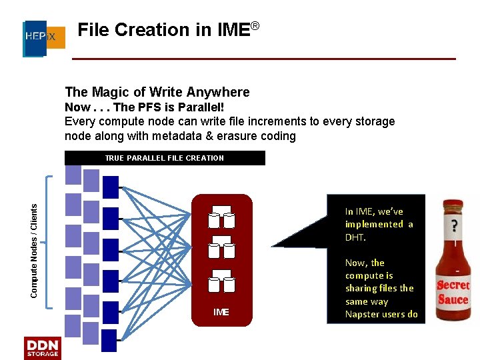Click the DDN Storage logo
pyautogui.click(x=42, y=348)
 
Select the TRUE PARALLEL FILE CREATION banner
pyautogui.click(x=164, y=158)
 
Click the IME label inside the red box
pyautogui.click(x=221, y=312)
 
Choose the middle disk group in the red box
pyautogui.click(x=221, y=247)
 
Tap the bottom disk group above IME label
pyautogui.click(x=221, y=282)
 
